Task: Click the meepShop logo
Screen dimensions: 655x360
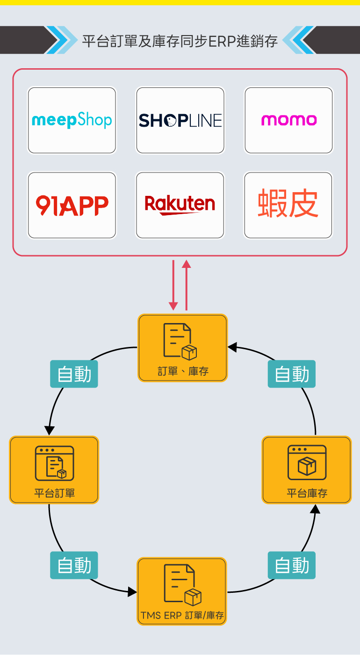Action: click(x=72, y=120)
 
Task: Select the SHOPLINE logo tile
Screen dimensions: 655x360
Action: click(x=180, y=120)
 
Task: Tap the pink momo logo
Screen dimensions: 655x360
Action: click(x=288, y=120)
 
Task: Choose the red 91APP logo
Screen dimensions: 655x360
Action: click(x=72, y=205)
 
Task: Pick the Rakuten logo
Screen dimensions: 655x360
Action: click(x=180, y=205)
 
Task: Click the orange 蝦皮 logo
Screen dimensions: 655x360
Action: click(x=288, y=204)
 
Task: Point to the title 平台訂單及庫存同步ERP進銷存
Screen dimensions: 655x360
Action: click(x=180, y=41)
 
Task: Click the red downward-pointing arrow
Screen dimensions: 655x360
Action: click(x=173, y=285)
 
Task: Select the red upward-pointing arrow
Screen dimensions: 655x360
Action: click(x=187, y=285)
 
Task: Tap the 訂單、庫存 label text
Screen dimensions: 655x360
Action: click(x=183, y=372)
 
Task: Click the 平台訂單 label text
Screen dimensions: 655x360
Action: click(x=54, y=493)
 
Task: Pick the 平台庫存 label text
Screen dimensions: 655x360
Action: click(x=307, y=493)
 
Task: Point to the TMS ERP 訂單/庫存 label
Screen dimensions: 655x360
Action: click(x=182, y=615)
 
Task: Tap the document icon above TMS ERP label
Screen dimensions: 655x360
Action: click(x=182, y=585)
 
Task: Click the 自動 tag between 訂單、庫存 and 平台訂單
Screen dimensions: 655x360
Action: click(x=74, y=374)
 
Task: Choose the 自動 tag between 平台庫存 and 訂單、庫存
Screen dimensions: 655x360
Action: click(x=292, y=374)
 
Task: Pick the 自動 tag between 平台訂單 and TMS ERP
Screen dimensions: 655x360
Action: click(x=74, y=565)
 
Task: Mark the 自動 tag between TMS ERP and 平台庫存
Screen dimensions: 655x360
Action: click(x=292, y=565)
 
